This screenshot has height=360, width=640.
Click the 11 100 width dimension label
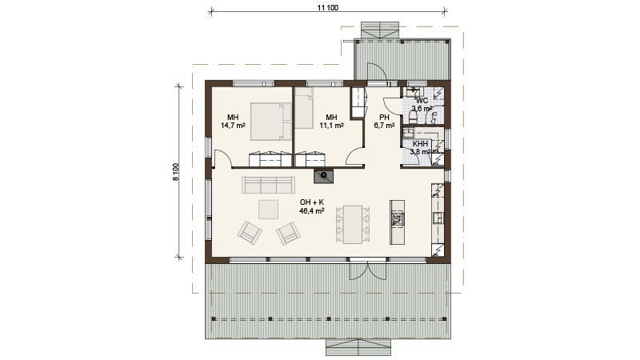328,8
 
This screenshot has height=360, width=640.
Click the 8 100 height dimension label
176,172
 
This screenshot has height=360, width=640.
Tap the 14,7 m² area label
233,126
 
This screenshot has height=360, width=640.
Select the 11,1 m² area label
331,126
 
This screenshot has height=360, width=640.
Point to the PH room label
384,118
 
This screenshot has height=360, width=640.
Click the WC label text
422,101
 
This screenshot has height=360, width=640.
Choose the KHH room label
421,144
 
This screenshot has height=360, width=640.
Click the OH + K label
312,202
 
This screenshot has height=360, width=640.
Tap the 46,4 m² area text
312,211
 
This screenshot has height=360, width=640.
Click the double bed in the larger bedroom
271,122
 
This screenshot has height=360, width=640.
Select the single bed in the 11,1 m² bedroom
304,108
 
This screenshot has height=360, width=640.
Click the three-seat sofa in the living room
268,185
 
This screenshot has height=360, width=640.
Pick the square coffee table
268,209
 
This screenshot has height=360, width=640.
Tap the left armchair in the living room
250,233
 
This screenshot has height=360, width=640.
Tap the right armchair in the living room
288,233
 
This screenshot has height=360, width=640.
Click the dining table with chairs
353,224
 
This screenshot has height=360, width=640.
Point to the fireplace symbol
324,175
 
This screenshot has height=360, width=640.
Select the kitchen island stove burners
397,219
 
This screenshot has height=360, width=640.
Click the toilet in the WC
413,118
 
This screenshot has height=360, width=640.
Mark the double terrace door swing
367,271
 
